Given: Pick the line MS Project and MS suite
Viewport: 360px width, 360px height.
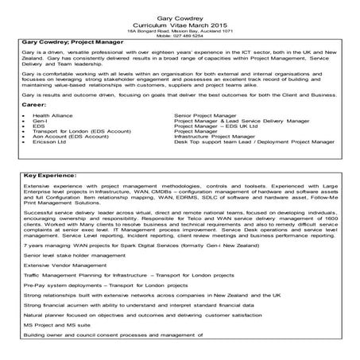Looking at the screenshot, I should click(x=56, y=346).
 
